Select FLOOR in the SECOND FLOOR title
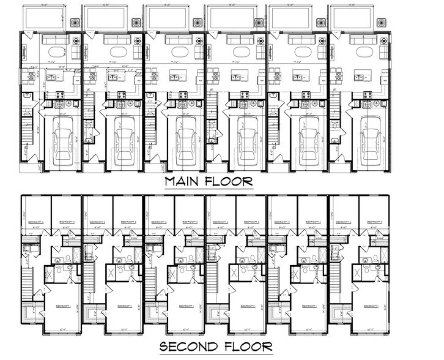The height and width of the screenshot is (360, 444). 247,347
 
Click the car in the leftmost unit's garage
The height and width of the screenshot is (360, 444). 64,138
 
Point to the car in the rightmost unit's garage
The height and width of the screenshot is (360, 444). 371,138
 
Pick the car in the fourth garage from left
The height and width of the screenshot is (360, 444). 248,138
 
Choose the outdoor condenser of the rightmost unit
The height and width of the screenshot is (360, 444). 382,23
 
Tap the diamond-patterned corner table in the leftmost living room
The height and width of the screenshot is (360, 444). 76,42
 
